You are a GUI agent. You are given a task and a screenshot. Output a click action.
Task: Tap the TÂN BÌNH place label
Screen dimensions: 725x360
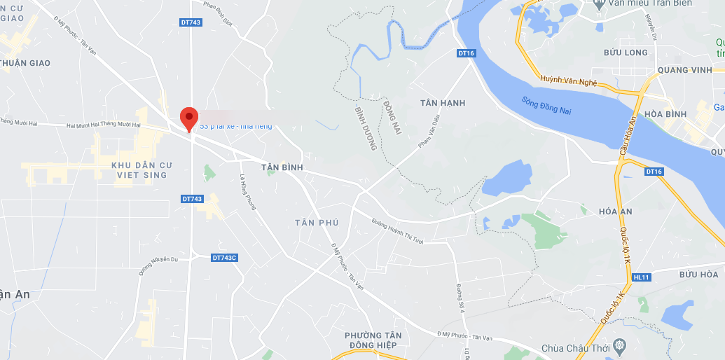(282, 167)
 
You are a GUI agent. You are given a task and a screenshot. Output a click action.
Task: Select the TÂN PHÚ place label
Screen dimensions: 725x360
(317, 223)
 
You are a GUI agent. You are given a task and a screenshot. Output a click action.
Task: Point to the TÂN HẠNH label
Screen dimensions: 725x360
(443, 103)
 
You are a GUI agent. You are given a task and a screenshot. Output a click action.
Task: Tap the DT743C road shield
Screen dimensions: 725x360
(225, 258)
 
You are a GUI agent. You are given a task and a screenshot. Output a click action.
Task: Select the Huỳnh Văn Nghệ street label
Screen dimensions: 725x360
(568, 81)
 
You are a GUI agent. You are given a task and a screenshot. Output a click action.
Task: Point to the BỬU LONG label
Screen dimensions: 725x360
(626, 53)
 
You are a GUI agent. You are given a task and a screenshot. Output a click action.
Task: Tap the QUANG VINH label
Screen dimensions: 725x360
(685, 70)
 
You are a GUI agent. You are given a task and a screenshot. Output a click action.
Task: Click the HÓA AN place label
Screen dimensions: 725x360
(616, 211)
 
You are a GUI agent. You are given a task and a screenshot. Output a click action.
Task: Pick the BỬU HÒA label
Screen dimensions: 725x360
(698, 275)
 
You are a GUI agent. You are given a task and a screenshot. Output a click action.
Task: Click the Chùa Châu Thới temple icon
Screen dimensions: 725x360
(619, 346)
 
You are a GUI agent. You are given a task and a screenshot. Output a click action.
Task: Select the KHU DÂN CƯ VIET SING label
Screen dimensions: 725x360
(139, 169)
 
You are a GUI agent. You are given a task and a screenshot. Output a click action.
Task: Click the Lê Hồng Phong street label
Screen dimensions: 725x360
(249, 191)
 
